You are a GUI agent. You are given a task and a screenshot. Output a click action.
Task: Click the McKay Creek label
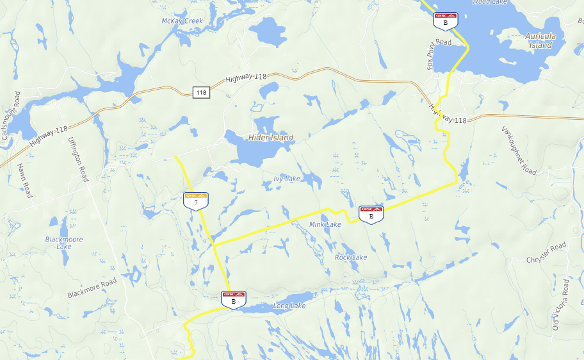coord(182,21)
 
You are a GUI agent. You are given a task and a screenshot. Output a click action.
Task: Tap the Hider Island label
coord(271,138)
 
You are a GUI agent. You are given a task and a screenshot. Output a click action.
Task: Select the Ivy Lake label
coord(286,179)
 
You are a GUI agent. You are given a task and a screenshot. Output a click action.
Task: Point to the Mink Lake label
coord(325,225)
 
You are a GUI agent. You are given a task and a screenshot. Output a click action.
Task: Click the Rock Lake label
coord(351,257)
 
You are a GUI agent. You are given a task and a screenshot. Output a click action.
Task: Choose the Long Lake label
coord(289,306)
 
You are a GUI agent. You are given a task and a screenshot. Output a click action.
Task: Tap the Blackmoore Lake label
coord(63,242)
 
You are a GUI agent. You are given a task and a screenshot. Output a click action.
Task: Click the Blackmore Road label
coord(92,288)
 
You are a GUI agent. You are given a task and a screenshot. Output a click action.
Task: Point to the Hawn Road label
coord(24,180)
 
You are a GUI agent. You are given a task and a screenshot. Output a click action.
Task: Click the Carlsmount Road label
coord(11,116)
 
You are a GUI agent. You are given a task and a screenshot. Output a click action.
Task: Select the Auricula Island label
coord(540,41)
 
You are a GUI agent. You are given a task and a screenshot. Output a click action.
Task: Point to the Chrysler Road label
coord(546,252)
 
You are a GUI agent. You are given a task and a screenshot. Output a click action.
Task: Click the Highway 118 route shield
coord(201,93)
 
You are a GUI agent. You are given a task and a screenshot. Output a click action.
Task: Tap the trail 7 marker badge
coord(195,200)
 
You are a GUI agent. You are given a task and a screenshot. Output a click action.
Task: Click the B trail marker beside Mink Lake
coord(371,214)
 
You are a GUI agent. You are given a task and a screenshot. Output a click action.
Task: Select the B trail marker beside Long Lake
coord(233,299)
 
